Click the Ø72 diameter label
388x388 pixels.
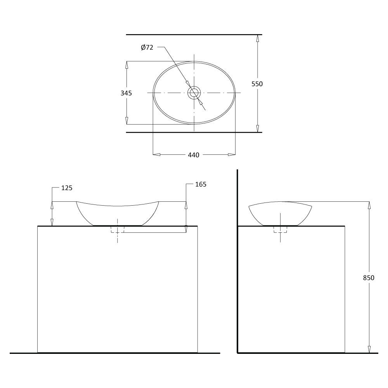tap(147, 47)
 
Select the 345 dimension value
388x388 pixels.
tap(126, 93)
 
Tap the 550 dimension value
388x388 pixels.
tap(257, 84)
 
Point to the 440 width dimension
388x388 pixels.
tap(194, 155)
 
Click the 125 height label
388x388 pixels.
tap(67, 188)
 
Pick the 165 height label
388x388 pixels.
tap(201, 184)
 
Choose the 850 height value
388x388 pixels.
tap(369, 278)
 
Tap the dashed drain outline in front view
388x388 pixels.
tap(117, 229)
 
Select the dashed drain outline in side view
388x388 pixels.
tap(280, 229)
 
